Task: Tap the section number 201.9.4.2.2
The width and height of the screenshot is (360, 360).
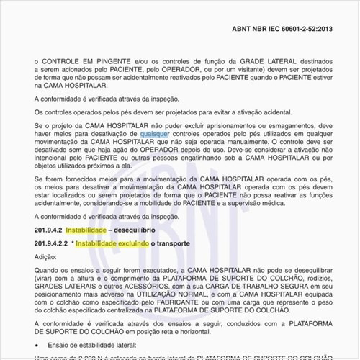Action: point(50,244)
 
